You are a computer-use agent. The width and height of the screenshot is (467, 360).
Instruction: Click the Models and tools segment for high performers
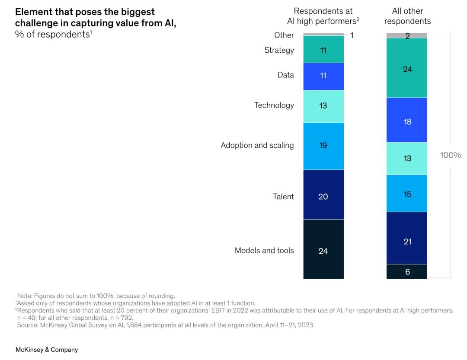[x=323, y=250]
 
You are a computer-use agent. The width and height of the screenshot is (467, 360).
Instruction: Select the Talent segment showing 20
[x=323, y=195]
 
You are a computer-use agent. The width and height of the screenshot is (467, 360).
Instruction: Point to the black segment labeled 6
[x=407, y=271]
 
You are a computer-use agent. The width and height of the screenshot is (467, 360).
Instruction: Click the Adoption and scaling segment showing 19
[x=323, y=146]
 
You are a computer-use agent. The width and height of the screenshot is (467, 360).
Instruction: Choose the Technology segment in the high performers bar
[x=323, y=106]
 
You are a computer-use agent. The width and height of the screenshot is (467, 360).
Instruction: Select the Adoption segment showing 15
[x=407, y=194]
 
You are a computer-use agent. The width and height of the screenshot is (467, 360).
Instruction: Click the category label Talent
[x=283, y=197]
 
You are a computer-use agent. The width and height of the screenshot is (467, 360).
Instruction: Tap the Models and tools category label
[x=264, y=251]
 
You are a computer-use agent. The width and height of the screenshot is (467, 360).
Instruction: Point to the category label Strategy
[x=279, y=50]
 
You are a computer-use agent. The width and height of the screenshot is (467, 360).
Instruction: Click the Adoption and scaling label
[x=257, y=145]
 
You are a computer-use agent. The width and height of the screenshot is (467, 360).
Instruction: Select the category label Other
[x=284, y=35]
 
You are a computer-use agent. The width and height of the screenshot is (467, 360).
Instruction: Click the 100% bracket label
[x=451, y=155]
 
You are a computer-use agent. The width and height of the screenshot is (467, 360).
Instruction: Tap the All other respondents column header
[x=407, y=16]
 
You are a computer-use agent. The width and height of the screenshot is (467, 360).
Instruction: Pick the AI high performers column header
[x=323, y=16]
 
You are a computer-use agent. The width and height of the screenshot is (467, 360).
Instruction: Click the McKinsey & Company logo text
[x=47, y=350]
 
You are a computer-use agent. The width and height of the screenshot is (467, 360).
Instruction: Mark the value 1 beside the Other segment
[x=352, y=35]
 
